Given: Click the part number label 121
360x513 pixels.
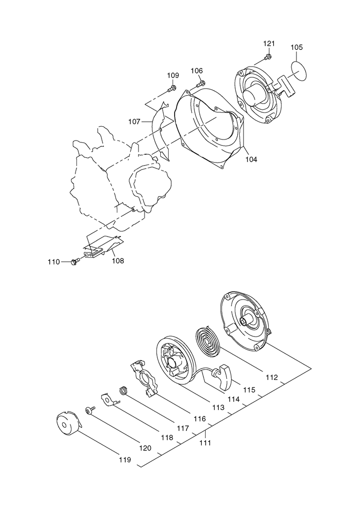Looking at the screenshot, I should [268, 44].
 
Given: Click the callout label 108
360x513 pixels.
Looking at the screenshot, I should [118, 261].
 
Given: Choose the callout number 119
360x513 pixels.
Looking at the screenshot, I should [125, 460].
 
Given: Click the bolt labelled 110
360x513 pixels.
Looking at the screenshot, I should [75, 261].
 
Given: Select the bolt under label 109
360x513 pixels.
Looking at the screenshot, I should [172, 89].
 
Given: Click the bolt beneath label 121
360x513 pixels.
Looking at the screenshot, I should [266, 58].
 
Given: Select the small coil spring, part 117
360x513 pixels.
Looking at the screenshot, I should [125, 391].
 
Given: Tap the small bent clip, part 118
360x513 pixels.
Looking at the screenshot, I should [109, 398].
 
